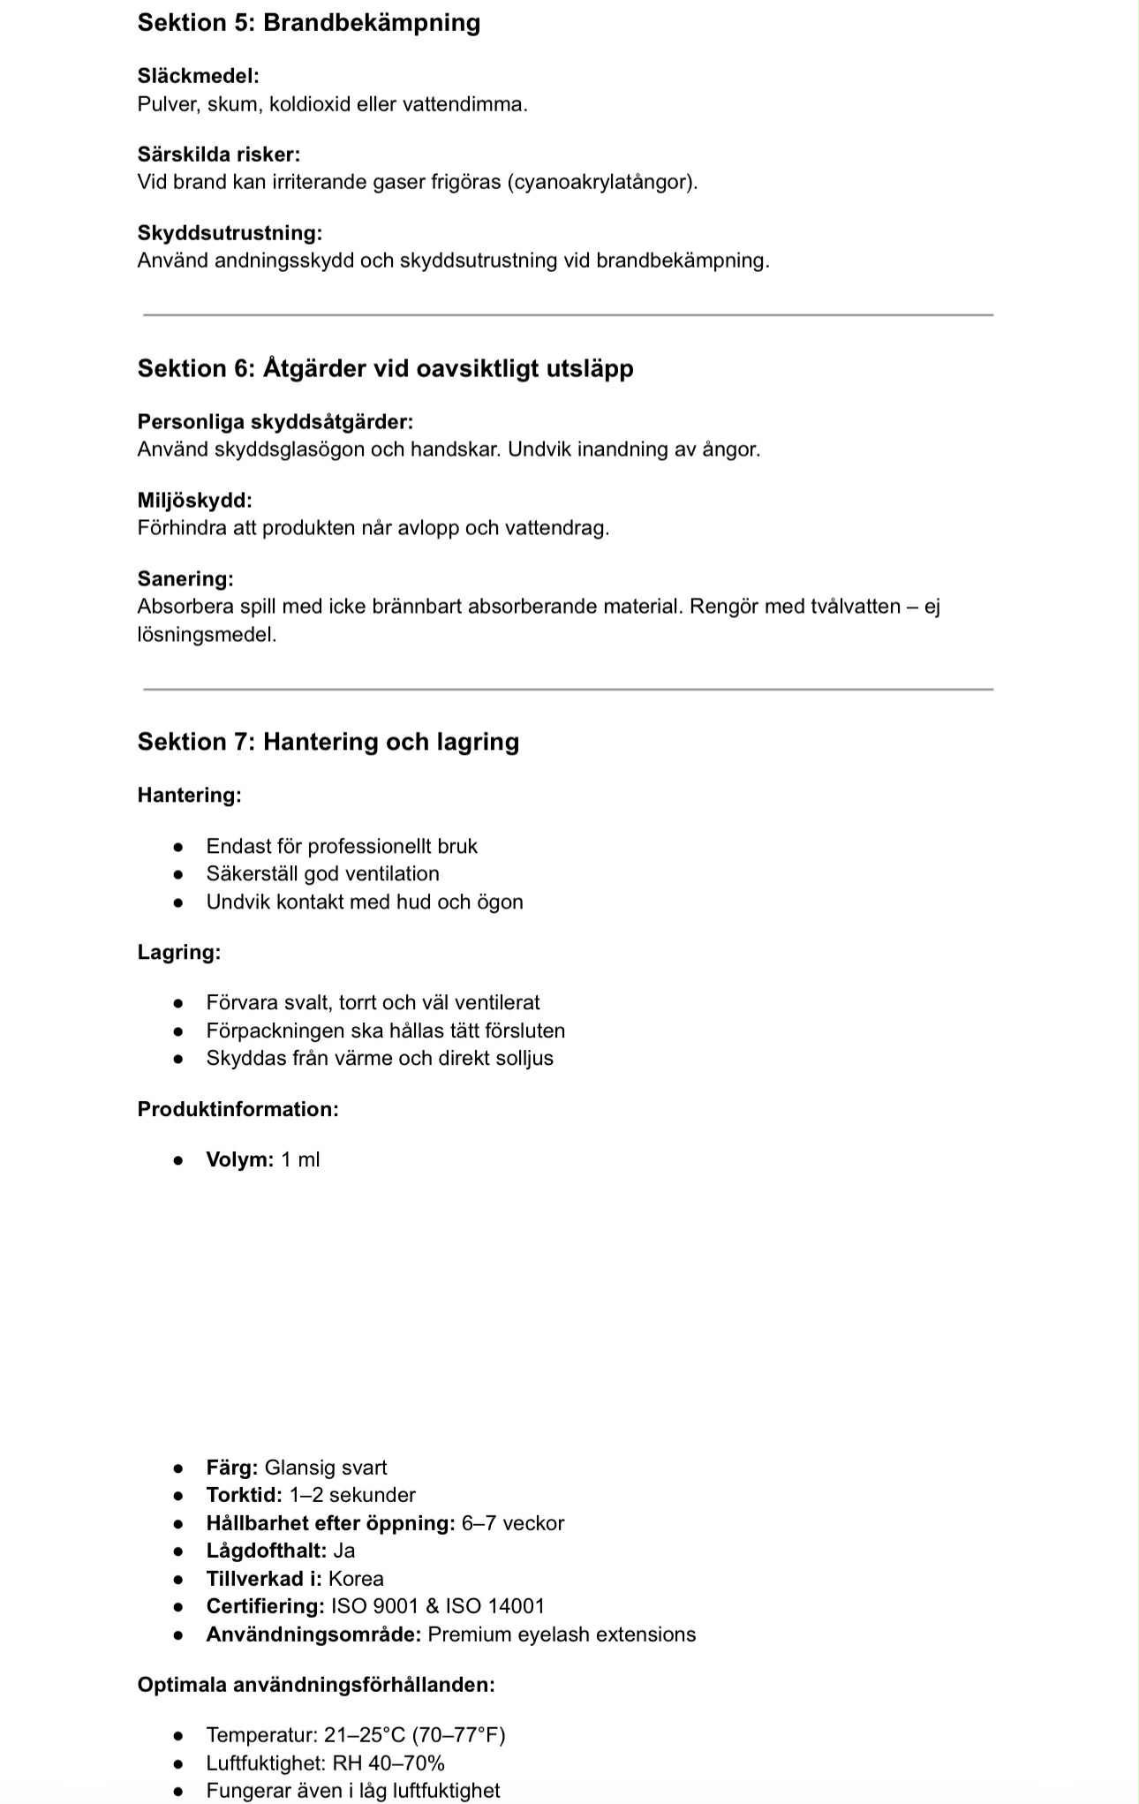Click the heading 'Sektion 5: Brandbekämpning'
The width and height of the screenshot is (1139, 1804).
(x=309, y=22)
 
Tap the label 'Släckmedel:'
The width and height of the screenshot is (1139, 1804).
(x=198, y=76)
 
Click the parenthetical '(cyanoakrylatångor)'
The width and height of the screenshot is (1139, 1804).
(x=602, y=182)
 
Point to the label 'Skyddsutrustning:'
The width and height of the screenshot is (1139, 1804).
(x=230, y=233)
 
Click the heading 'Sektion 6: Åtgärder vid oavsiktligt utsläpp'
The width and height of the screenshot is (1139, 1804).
(x=385, y=368)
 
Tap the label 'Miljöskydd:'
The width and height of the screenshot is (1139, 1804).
(x=194, y=501)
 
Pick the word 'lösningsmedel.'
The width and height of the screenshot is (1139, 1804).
(x=207, y=635)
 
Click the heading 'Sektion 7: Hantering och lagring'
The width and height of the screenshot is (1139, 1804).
(x=328, y=742)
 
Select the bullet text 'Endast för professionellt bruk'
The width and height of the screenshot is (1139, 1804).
(x=342, y=846)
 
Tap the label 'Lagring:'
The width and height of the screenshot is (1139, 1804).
(x=178, y=952)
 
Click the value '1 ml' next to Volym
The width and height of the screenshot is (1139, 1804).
(x=300, y=1159)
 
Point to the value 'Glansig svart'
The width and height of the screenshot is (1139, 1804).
(x=326, y=1468)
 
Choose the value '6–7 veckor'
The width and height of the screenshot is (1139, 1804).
(x=513, y=1523)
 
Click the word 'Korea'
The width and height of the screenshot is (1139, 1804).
(x=356, y=1579)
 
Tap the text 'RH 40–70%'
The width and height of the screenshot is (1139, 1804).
(x=388, y=1763)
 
